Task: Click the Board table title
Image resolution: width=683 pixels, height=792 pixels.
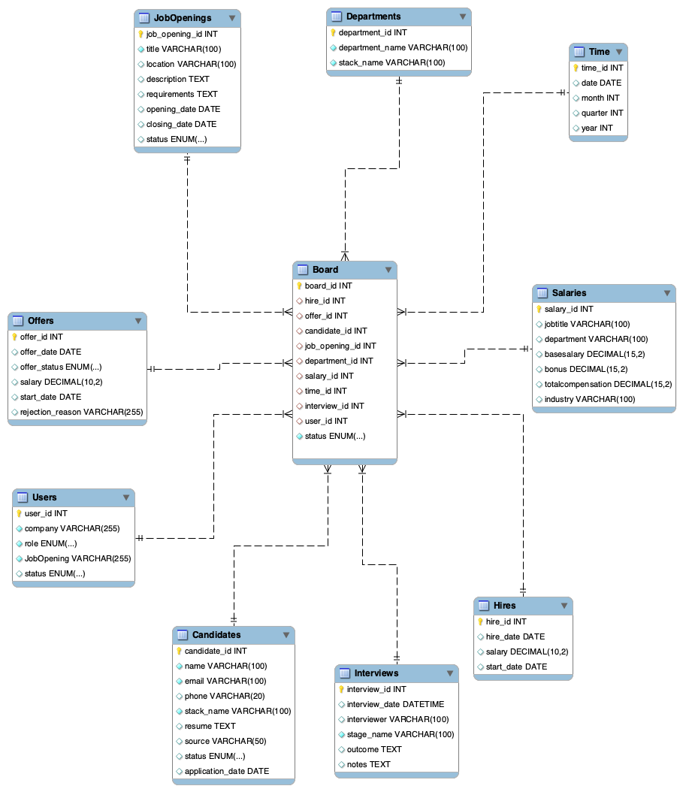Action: click(x=325, y=270)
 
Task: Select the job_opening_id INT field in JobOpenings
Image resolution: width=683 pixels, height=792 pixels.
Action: click(x=182, y=34)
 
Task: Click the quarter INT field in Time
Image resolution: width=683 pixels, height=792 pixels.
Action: click(x=602, y=113)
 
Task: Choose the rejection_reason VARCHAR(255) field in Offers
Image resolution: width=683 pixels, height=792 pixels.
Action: click(x=81, y=412)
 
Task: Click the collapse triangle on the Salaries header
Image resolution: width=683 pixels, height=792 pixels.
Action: click(x=665, y=293)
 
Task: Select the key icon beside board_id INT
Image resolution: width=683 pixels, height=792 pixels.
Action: click(x=299, y=286)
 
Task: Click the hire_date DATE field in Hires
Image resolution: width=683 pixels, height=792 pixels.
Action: click(x=515, y=636)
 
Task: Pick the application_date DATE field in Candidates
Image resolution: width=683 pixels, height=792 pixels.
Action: click(x=226, y=771)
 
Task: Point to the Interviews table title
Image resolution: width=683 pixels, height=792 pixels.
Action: click(x=376, y=673)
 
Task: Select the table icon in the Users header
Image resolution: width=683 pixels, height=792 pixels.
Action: click(x=23, y=497)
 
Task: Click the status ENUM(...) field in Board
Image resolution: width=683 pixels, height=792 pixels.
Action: click(x=335, y=436)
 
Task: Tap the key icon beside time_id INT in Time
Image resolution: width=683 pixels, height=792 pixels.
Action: click(x=576, y=68)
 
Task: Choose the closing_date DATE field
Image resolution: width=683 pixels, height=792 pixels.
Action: click(x=181, y=124)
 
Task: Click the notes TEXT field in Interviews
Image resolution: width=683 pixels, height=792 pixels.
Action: click(x=368, y=764)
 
